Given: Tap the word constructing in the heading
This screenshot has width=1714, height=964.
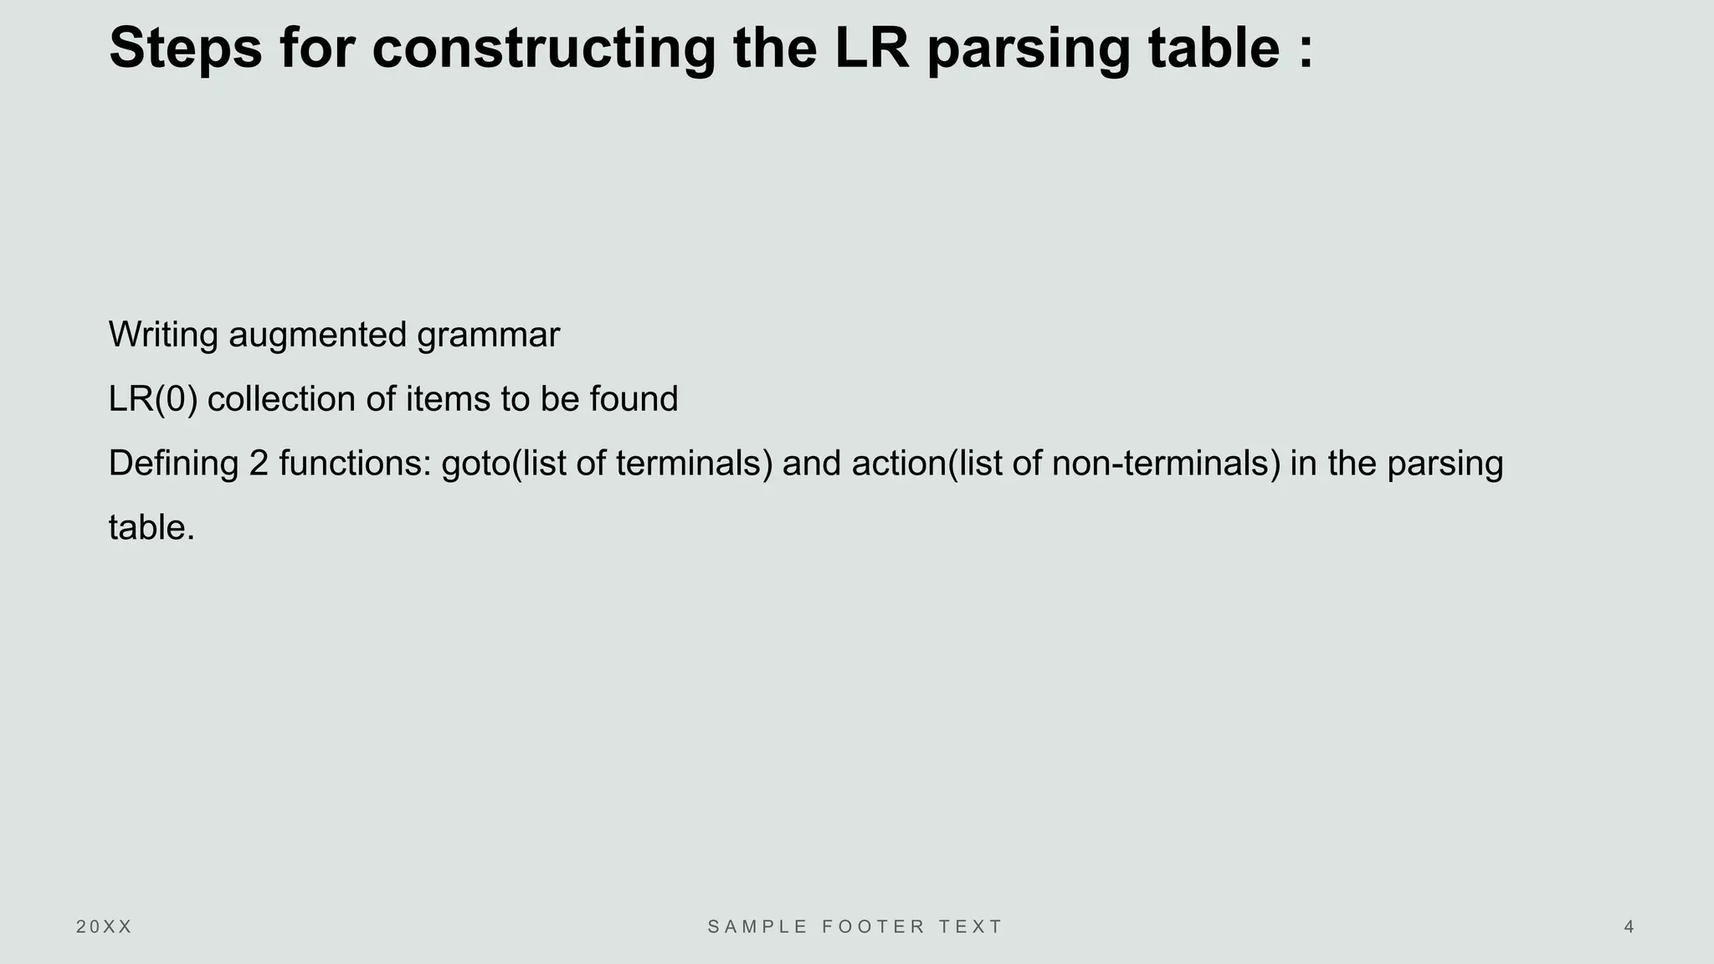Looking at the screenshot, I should pyautogui.click(x=544, y=48).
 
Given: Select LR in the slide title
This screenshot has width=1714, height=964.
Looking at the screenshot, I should pyautogui.click(x=871, y=48).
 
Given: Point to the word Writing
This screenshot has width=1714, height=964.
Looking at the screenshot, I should pyautogui.click(x=163, y=335).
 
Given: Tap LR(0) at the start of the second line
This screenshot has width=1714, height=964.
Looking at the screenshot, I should pyautogui.click(x=152, y=399).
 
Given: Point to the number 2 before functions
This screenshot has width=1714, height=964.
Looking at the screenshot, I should pyautogui.click(x=258, y=464).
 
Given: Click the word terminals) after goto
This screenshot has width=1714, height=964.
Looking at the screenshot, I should pyautogui.click(x=694, y=464).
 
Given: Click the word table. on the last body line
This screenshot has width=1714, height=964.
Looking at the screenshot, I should pyautogui.click(x=151, y=528).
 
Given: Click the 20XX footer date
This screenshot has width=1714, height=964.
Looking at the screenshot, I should pyautogui.click(x=104, y=927).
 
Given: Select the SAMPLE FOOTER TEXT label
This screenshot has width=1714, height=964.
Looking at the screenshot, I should pyautogui.click(x=855, y=927).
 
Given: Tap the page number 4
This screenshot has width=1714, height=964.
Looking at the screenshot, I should pyautogui.click(x=1629, y=927).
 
